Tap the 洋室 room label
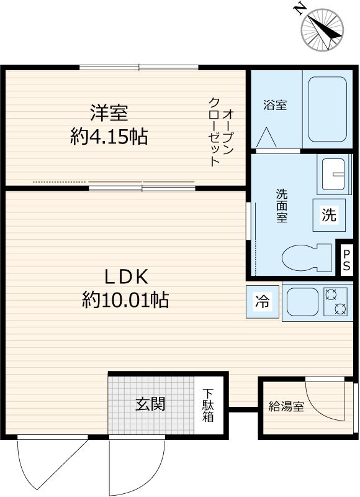point(109,113)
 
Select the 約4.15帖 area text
point(109,136)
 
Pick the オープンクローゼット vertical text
point(221,131)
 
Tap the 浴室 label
point(275,105)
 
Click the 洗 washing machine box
point(328,215)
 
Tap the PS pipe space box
point(346,259)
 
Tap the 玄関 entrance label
point(151,404)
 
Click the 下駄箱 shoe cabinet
point(208,406)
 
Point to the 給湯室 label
point(286,408)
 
